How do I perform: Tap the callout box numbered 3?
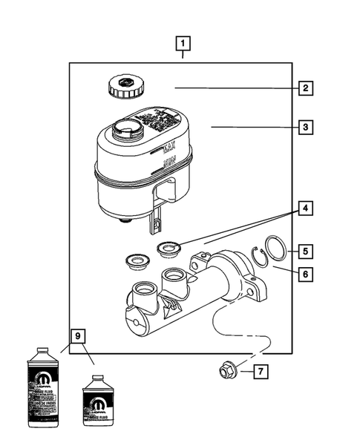click(304, 128)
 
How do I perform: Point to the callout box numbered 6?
click(304, 274)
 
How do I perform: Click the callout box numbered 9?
click(76, 335)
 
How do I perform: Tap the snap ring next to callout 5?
click(275, 249)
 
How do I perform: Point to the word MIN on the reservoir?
click(170, 162)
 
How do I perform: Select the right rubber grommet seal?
click(168, 247)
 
